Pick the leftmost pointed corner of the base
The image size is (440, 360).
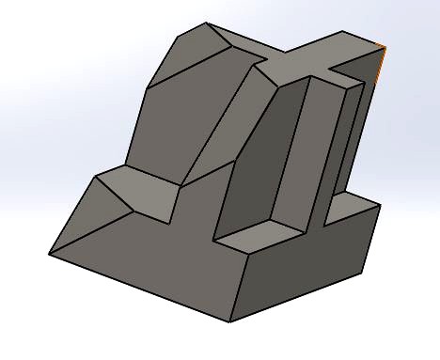click(49, 254)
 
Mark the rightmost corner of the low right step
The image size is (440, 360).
click(381, 204)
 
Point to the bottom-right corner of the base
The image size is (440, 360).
click(362, 274)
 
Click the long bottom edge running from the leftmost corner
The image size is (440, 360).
click(141, 288)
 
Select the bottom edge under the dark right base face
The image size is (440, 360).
click(296, 298)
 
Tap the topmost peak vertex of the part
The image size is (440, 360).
click(208, 24)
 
